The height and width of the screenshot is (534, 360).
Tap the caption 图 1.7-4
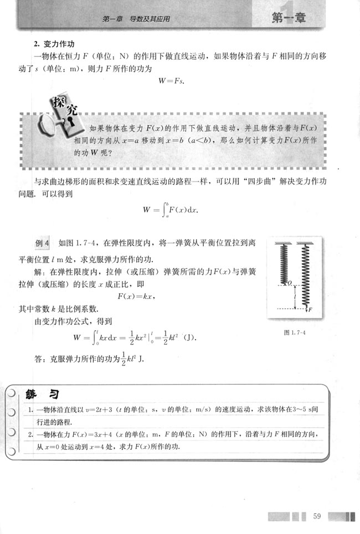coord(294,333)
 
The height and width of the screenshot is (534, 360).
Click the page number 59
coord(317,516)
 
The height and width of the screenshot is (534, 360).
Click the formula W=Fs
coord(172,81)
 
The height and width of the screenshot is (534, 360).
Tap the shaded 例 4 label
coord(43,243)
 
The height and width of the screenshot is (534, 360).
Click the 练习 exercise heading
coord(42,393)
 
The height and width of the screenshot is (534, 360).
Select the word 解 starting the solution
coord(38,272)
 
